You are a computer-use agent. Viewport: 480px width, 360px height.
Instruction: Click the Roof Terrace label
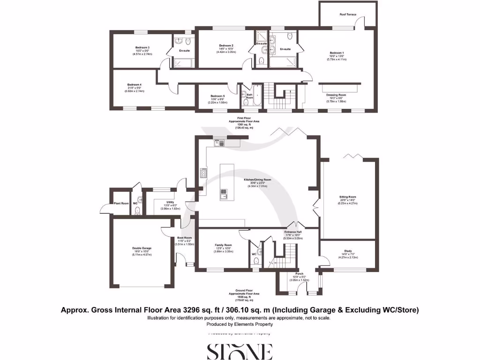click(348, 15)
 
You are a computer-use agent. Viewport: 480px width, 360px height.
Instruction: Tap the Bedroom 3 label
click(142, 48)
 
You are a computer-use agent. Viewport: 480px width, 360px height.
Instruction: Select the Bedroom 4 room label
click(135, 85)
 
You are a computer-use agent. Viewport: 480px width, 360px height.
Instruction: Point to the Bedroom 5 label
click(217, 96)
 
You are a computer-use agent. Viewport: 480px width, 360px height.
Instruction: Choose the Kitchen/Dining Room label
click(255, 180)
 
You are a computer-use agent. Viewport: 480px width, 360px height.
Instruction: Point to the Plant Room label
click(121, 203)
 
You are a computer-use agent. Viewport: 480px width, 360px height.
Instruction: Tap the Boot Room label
click(184, 238)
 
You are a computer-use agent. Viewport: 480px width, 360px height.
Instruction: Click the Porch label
click(299, 273)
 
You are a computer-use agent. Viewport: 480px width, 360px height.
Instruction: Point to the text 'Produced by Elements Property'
click(240, 324)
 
